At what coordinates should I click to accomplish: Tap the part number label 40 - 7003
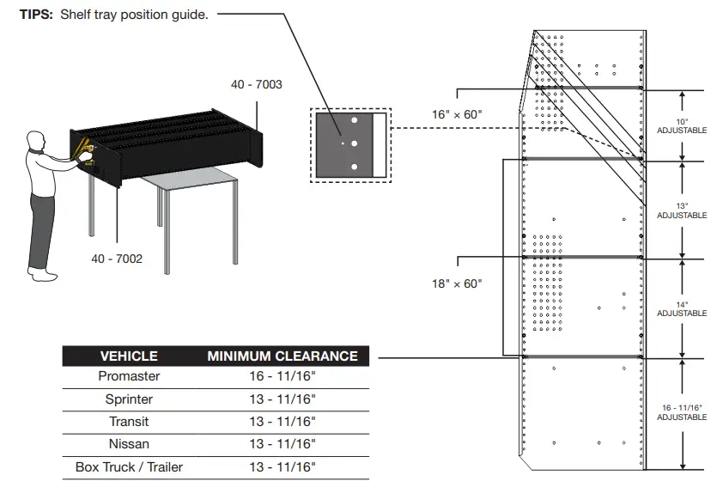(x=256, y=84)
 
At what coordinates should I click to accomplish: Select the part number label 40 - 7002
(x=117, y=258)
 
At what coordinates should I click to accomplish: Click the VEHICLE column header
(x=129, y=356)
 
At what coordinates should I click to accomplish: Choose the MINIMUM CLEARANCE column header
(x=283, y=356)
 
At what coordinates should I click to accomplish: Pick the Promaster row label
(x=129, y=376)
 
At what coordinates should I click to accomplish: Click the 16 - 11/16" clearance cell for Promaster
(x=283, y=376)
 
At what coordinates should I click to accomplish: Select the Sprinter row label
(x=129, y=399)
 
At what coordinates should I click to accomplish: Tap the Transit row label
(x=129, y=422)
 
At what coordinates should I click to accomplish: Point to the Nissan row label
(x=129, y=444)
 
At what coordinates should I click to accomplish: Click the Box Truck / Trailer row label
(x=129, y=467)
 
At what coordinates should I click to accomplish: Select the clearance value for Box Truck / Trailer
(x=283, y=467)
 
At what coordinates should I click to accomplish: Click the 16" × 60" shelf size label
(x=457, y=113)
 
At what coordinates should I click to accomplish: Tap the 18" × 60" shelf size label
(x=457, y=283)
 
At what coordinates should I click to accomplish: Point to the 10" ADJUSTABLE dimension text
(x=682, y=125)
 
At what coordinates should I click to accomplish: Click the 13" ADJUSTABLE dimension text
(x=682, y=210)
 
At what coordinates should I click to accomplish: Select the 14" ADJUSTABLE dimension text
(x=682, y=308)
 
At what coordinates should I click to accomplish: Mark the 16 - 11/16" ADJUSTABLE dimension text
(x=682, y=411)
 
